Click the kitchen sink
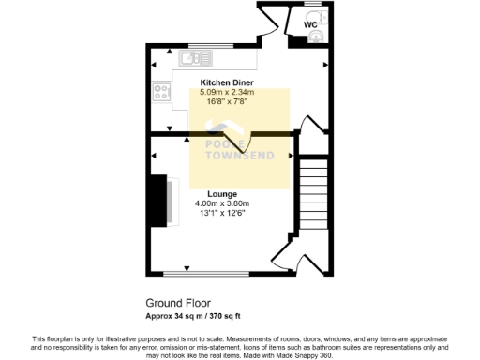(x=195, y=60)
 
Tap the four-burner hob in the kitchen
(x=161, y=93)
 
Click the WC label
(x=310, y=25)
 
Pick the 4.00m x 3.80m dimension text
(x=221, y=203)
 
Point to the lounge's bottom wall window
(x=205, y=274)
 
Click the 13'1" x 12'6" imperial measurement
(x=222, y=213)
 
